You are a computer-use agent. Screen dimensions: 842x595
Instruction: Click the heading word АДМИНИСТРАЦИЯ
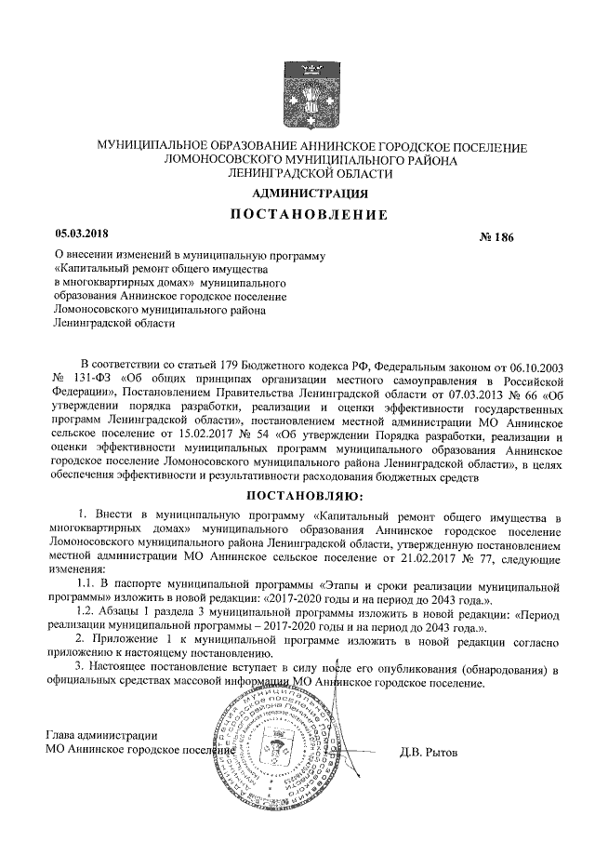[311, 194]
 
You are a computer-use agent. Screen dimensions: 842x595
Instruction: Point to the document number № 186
[496, 239]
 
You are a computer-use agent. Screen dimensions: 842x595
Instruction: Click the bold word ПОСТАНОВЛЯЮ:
[306, 495]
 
